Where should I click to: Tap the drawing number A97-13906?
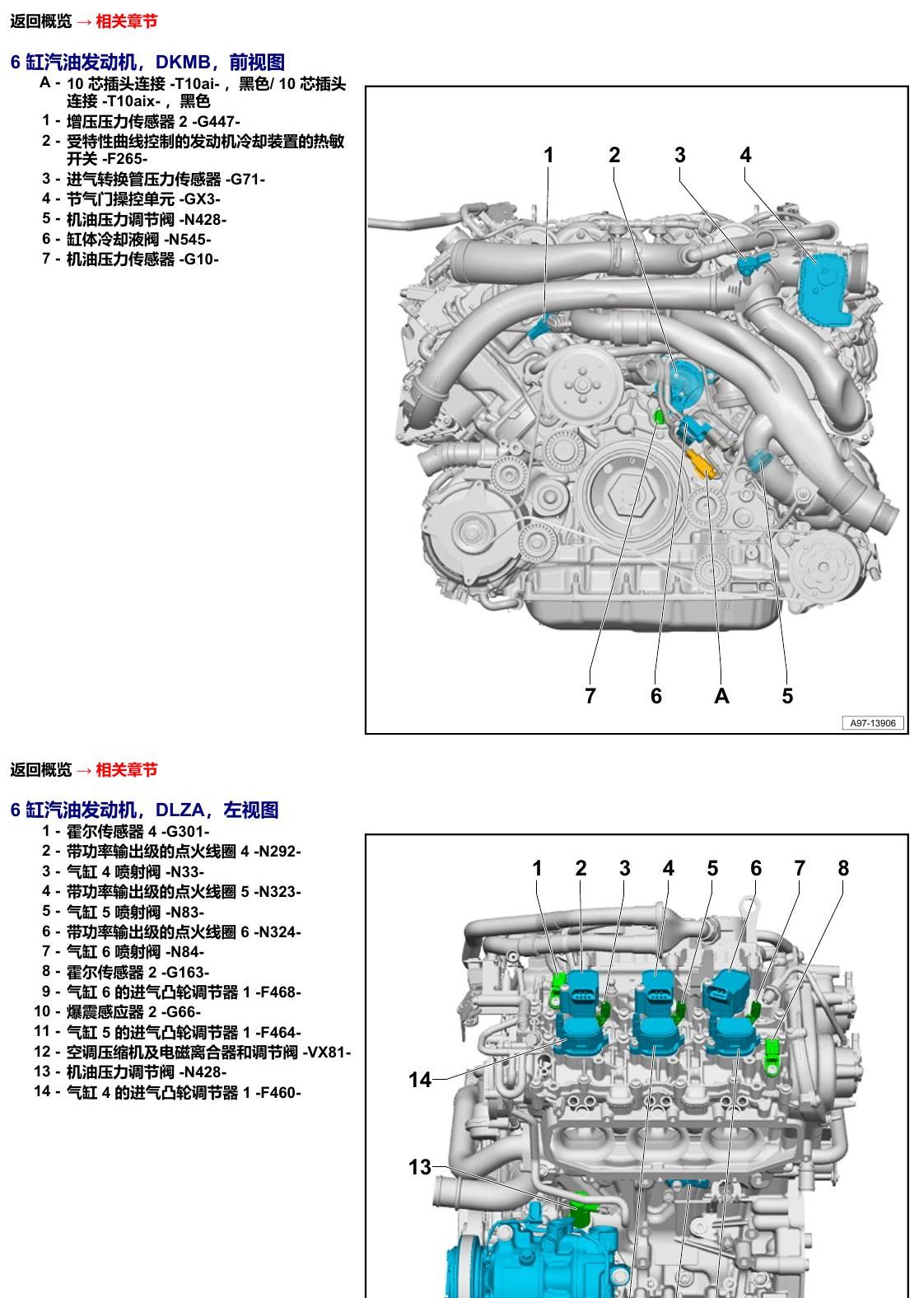(873, 723)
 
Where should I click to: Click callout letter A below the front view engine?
(721, 695)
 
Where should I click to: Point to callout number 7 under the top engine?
(590, 695)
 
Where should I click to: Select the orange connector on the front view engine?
(701, 463)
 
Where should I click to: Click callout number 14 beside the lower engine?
(420, 1080)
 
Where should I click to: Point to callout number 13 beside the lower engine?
(420, 1167)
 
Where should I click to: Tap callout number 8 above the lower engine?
(843, 868)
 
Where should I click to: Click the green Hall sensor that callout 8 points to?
(772, 1058)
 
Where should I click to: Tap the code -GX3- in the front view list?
(199, 199)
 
